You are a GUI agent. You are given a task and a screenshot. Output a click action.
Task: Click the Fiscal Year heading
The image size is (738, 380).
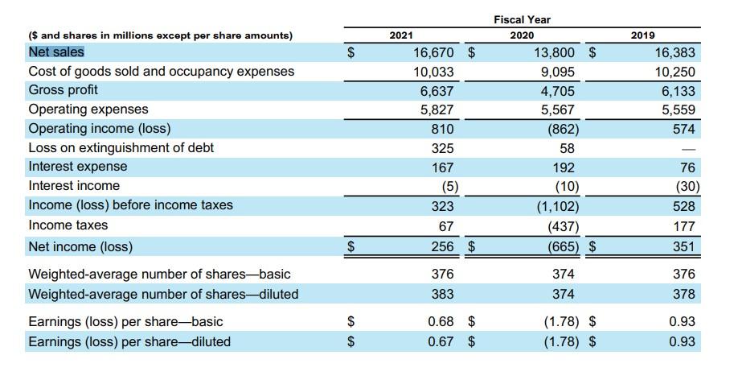click(x=523, y=19)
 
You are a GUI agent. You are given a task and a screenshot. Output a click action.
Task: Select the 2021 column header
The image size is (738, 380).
click(x=401, y=35)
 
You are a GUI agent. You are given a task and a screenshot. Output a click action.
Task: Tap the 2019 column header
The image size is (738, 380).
click(x=642, y=35)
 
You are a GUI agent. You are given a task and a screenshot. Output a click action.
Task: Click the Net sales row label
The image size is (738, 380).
click(x=56, y=52)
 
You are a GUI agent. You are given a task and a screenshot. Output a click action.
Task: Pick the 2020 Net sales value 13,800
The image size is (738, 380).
click(x=554, y=53)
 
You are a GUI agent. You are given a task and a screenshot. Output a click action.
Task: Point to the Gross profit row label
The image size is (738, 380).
click(x=63, y=90)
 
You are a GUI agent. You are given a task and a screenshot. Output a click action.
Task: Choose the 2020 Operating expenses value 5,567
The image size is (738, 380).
click(x=557, y=109)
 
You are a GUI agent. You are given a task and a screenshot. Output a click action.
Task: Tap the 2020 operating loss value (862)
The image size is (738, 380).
click(x=562, y=129)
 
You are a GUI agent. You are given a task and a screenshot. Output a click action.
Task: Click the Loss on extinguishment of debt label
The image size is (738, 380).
click(x=121, y=148)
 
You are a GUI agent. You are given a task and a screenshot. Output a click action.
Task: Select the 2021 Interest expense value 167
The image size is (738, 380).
click(x=442, y=167)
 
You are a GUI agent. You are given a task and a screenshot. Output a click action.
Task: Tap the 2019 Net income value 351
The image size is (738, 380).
click(x=683, y=246)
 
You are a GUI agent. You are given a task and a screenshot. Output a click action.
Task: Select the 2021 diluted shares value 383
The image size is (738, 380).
click(x=442, y=294)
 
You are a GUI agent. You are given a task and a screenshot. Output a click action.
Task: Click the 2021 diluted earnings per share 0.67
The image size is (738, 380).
click(x=440, y=341)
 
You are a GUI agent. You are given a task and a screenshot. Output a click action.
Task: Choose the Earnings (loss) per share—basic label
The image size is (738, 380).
click(x=125, y=322)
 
